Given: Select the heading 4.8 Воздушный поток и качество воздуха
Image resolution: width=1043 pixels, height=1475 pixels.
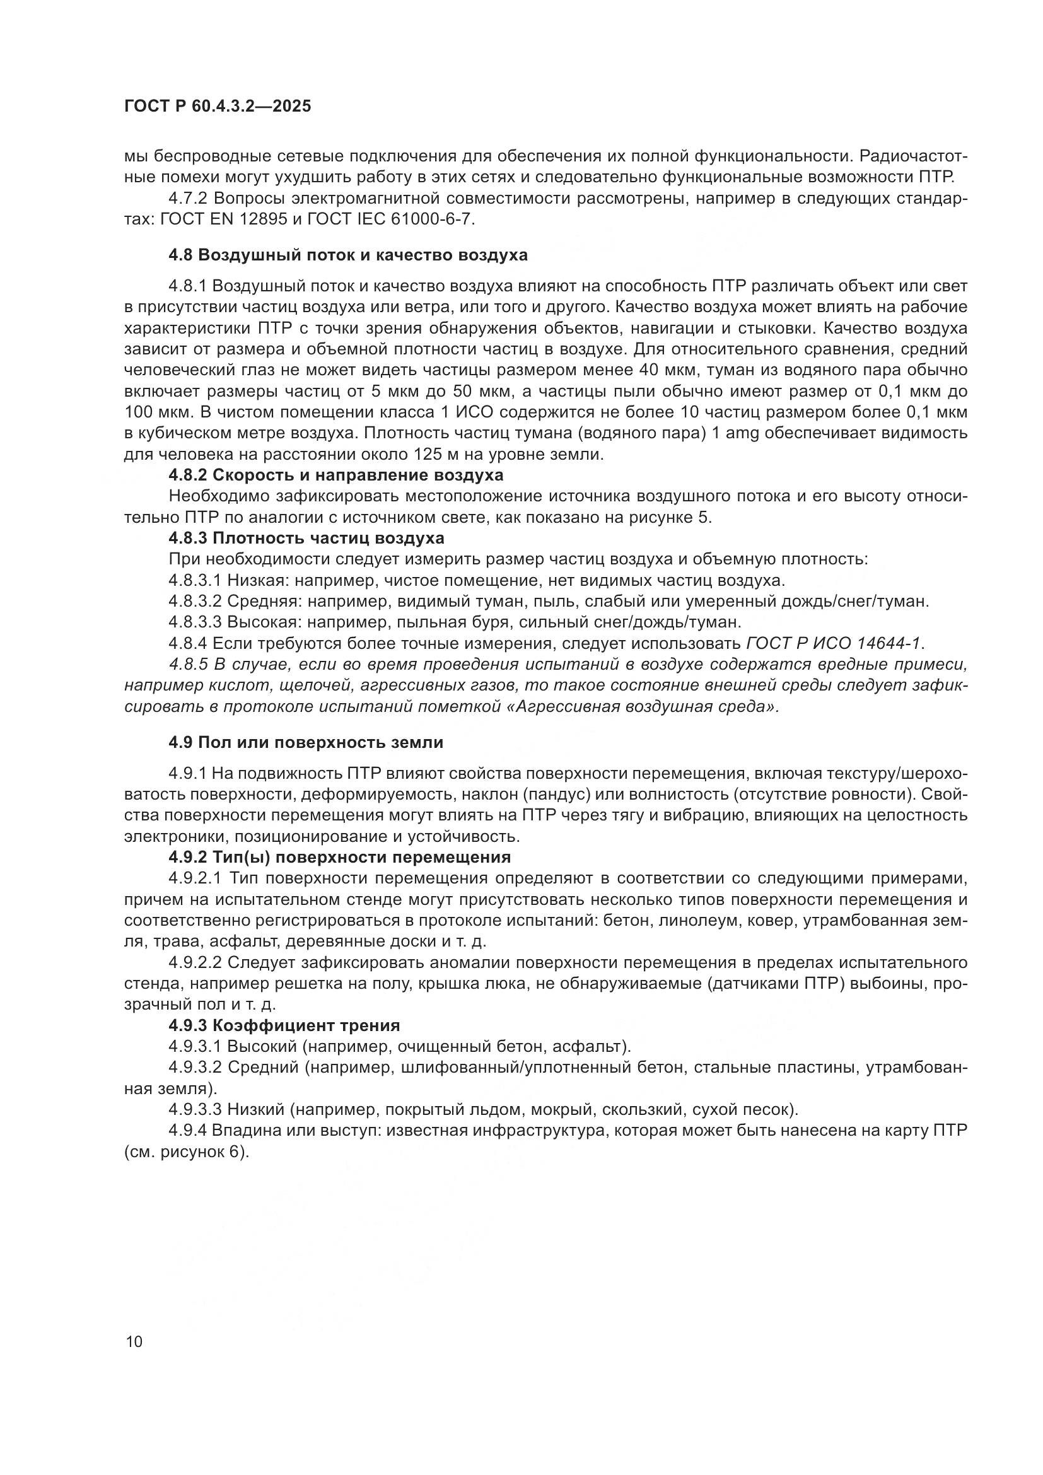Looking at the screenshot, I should click(347, 255).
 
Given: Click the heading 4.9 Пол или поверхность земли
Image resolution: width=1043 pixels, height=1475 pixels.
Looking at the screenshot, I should click(306, 743).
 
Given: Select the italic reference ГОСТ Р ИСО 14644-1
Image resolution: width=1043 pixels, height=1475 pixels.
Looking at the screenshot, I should click(834, 643).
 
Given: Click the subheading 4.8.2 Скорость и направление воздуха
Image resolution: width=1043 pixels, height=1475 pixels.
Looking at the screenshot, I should click(336, 475).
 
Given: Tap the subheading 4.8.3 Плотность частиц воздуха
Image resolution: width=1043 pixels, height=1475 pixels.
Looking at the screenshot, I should click(306, 538).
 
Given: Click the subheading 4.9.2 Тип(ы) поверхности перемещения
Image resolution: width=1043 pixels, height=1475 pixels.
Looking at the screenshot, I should click(340, 858).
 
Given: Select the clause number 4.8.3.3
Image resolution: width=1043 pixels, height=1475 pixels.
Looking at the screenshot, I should click(195, 622).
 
